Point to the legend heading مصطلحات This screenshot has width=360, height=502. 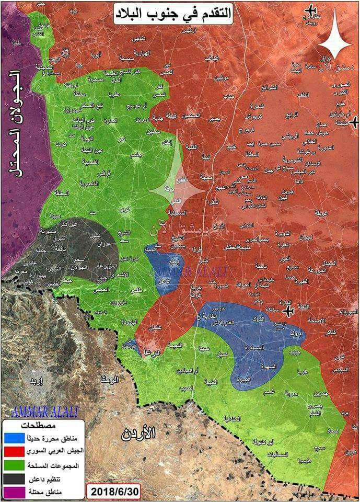45,424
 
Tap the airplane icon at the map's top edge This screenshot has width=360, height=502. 312,9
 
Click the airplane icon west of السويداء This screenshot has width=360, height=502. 288,312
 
